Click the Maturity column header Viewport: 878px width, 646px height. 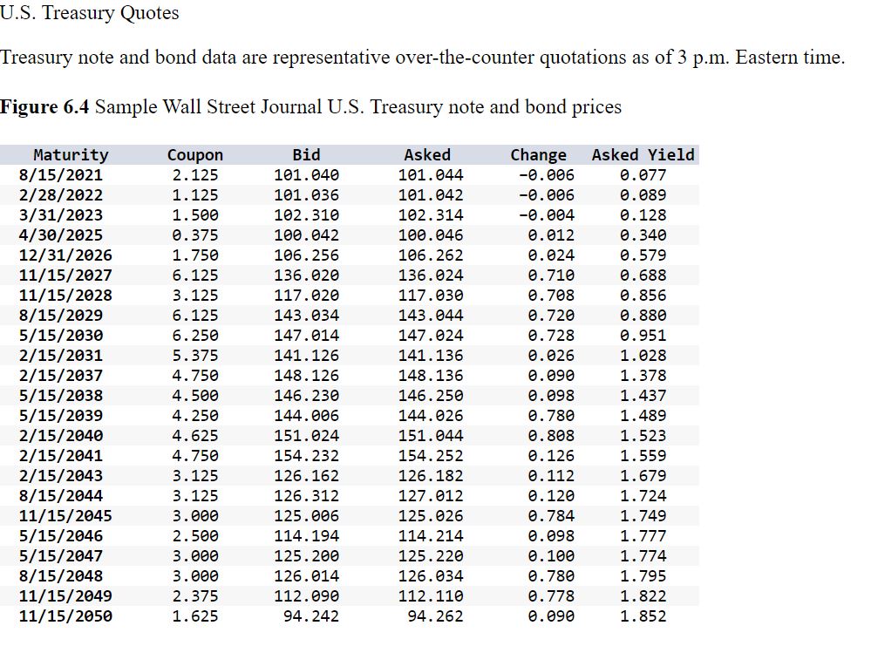pyautogui.click(x=71, y=155)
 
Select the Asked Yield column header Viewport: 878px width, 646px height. pyautogui.click(x=643, y=155)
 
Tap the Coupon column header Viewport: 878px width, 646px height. pyautogui.click(x=194, y=155)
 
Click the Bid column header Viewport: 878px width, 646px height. pyautogui.click(x=306, y=155)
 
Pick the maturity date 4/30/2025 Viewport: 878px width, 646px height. pyautogui.click(x=60, y=235)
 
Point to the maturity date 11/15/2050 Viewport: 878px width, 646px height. pyautogui.click(x=65, y=616)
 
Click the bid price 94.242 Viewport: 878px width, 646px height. pyautogui.click(x=311, y=616)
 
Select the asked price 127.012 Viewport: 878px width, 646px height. pyautogui.click(x=431, y=496)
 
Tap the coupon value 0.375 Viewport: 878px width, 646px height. pyautogui.click(x=194, y=235)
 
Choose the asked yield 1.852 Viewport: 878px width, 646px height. pyautogui.click(x=643, y=616)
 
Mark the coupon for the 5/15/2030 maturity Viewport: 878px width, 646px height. pyautogui.click(x=194, y=336)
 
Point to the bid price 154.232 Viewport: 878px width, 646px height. pyautogui.click(x=306, y=456)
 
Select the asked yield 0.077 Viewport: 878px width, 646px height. pyautogui.click(x=643, y=175)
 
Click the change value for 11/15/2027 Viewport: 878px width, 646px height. pyautogui.click(x=551, y=275)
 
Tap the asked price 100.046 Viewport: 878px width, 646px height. pyautogui.click(x=431, y=235)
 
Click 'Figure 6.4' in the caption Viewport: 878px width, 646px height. pyautogui.click(x=44, y=107)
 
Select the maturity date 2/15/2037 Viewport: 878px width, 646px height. pyautogui.click(x=60, y=376)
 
